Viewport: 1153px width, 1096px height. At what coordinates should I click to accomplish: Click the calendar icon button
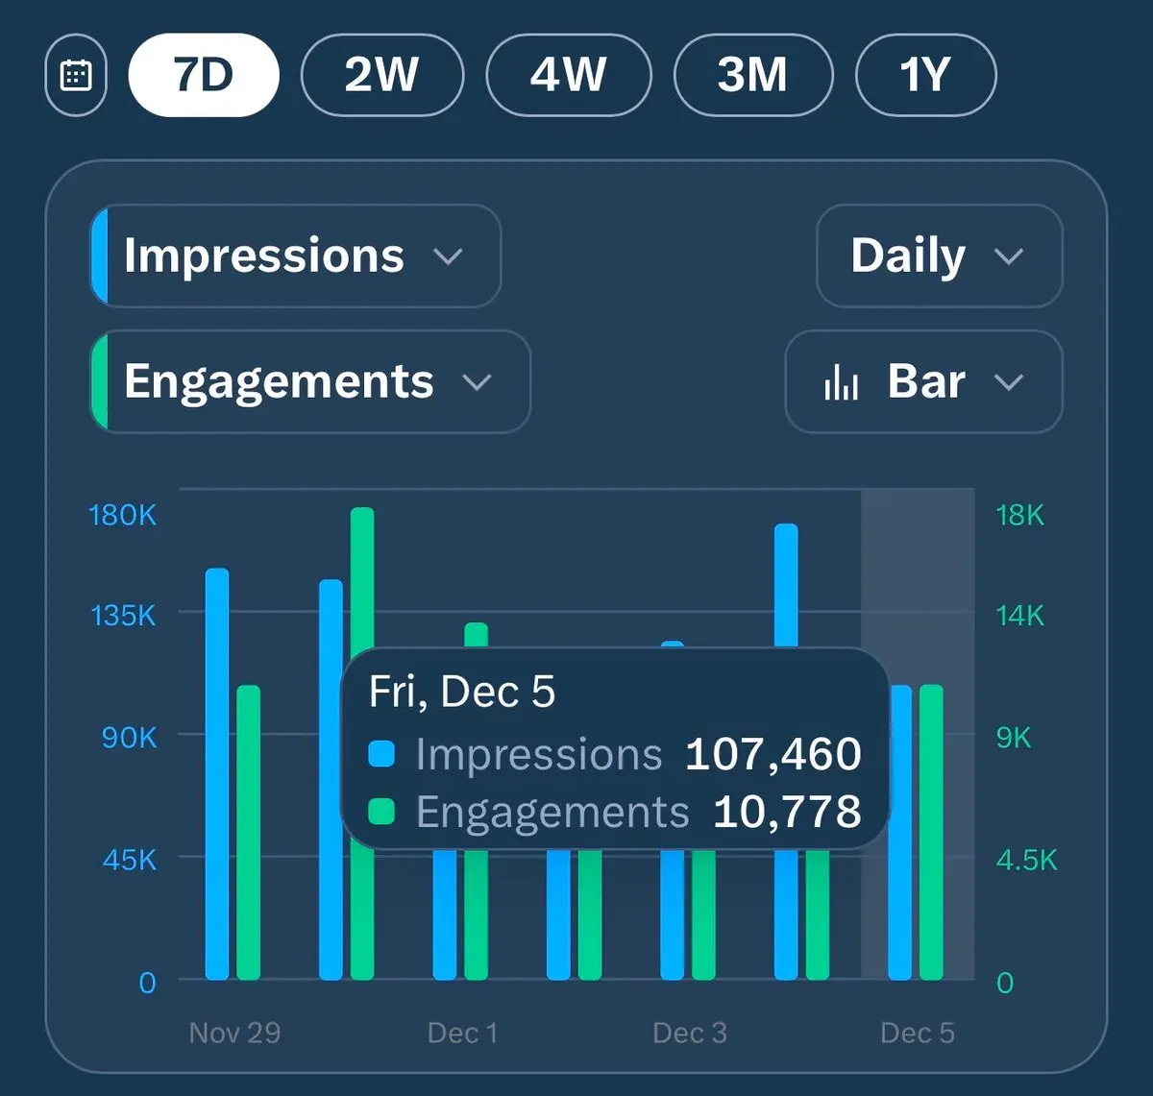pos(76,75)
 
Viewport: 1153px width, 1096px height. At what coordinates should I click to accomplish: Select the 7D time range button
pos(204,75)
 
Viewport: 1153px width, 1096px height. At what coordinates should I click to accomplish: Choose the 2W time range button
pos(382,75)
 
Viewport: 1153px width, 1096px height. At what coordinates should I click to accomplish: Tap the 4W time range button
pos(569,75)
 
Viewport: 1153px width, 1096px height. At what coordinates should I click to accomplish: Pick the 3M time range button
pos(753,75)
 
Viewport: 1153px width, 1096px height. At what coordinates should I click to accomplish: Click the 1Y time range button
pos(925,75)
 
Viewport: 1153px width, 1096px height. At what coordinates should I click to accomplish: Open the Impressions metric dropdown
pos(296,256)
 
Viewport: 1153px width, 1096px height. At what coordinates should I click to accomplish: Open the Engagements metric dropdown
pos(309,381)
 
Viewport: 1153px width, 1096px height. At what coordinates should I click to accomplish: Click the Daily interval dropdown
pos(939,256)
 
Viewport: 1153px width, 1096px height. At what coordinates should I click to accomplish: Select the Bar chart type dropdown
pos(923,381)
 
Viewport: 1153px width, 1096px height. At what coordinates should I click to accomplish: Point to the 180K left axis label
pos(122,516)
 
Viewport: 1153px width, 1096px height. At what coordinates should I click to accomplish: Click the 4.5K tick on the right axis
pos(1026,860)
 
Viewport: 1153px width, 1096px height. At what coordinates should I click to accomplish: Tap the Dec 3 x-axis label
pos(690,1033)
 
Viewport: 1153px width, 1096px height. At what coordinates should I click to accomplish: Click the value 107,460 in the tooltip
pos(773,755)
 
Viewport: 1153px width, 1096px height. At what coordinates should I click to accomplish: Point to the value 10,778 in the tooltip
pos(787,813)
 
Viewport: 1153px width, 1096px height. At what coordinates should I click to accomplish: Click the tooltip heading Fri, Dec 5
pos(462,692)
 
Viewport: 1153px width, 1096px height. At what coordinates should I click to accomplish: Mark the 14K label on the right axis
pos(1020,615)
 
